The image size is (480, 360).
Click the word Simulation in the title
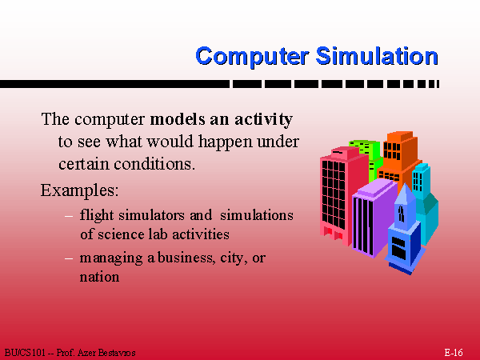coord(376,56)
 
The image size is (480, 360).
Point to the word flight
coord(95,215)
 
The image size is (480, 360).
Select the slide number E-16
coord(454,352)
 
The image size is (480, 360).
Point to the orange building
coord(399,156)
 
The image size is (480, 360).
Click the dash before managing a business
coord(69,258)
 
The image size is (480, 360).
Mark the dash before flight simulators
coord(69,215)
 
